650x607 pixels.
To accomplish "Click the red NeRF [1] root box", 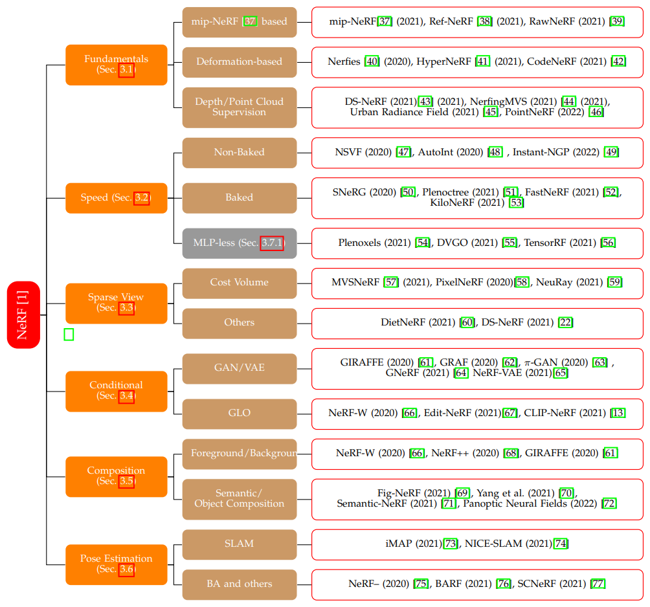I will click(23, 315).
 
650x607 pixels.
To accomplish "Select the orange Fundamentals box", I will click(117, 64).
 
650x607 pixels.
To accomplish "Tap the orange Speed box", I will click(117, 198).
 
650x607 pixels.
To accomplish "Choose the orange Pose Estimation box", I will click(117, 564).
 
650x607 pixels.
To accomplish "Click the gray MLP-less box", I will click(240, 243).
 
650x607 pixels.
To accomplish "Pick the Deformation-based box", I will click(240, 62).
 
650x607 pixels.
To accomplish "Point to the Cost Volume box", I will click(240, 283).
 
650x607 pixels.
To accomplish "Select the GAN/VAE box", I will click(240, 368).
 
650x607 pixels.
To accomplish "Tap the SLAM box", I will click(240, 544).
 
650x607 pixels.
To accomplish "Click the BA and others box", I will click(240, 584).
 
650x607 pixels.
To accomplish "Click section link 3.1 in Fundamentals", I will click(127, 70).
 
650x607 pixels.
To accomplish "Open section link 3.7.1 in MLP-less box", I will click(272, 243).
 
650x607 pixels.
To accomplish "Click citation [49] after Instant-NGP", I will click(611, 152).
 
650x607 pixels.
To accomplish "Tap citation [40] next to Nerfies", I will click(372, 62).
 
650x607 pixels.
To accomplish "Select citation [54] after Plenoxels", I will click(423, 243).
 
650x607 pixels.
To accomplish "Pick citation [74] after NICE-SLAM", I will click(561, 544).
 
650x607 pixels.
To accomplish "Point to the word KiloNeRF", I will click(454, 203).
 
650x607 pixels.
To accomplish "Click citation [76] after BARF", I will click(503, 584).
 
